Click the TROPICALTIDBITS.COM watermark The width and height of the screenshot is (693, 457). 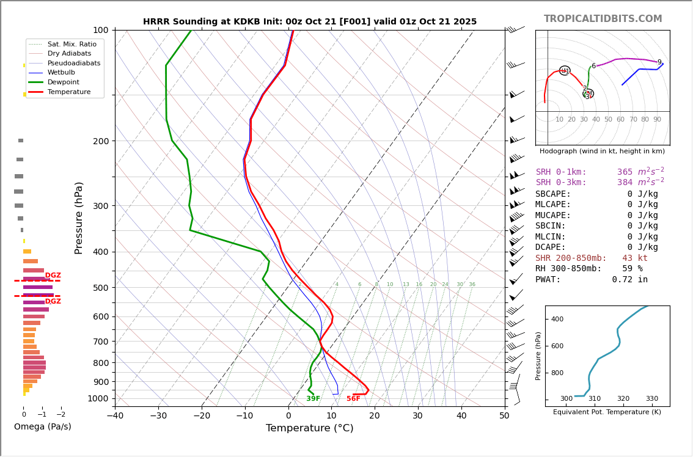click(x=603, y=19)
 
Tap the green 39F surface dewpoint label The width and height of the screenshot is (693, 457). click(x=313, y=399)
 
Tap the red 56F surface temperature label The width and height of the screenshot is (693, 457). click(x=353, y=399)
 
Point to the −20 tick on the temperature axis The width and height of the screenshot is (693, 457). click(x=202, y=416)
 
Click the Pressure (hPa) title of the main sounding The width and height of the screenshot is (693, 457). click(x=79, y=218)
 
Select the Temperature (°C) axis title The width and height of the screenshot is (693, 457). click(x=309, y=428)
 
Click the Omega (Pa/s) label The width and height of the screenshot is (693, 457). click(x=42, y=426)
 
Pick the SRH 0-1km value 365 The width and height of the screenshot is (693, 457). click(x=625, y=172)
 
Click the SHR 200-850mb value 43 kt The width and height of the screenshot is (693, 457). click(x=634, y=258)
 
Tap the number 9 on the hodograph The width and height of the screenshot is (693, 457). click(x=659, y=62)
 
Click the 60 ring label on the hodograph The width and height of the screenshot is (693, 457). click(x=620, y=120)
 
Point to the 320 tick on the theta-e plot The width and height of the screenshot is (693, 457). click(x=623, y=399)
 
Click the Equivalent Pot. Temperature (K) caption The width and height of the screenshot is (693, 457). click(x=607, y=412)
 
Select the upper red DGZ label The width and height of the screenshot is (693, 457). click(x=53, y=276)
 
